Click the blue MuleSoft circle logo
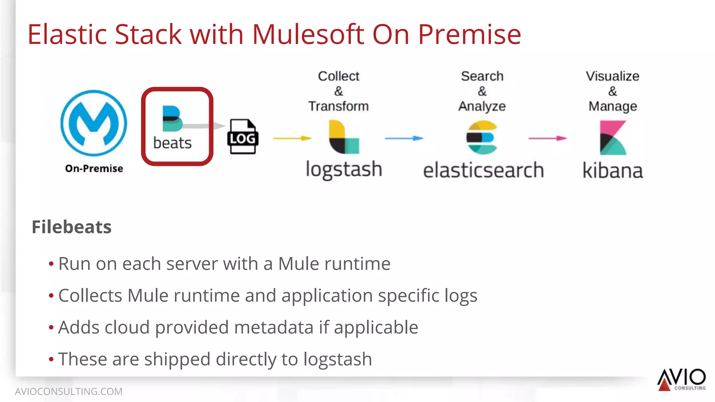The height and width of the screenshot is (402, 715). point(94,123)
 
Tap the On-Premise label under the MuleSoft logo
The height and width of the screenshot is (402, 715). point(94,168)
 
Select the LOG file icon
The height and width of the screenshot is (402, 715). point(243,137)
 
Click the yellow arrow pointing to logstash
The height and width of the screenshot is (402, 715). point(292,138)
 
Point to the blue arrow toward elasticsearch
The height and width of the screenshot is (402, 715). point(404,138)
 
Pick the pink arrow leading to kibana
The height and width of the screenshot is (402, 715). point(547,138)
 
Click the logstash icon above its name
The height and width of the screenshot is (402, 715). point(344,137)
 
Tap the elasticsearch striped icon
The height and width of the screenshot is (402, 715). point(482,137)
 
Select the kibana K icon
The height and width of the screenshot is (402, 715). point(613,138)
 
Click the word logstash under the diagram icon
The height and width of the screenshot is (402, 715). point(344,170)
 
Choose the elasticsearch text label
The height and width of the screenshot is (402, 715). point(483,170)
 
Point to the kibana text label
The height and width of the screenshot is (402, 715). point(613,171)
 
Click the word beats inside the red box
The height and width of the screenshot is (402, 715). point(172,143)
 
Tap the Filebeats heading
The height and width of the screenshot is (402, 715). point(72,227)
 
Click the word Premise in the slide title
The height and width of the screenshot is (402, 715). point(469,35)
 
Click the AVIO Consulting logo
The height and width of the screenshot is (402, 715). point(681,379)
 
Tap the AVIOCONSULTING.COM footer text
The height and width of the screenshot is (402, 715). point(68,392)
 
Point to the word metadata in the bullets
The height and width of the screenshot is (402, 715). point(273,327)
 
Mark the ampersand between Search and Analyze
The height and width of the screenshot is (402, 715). point(482,91)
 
